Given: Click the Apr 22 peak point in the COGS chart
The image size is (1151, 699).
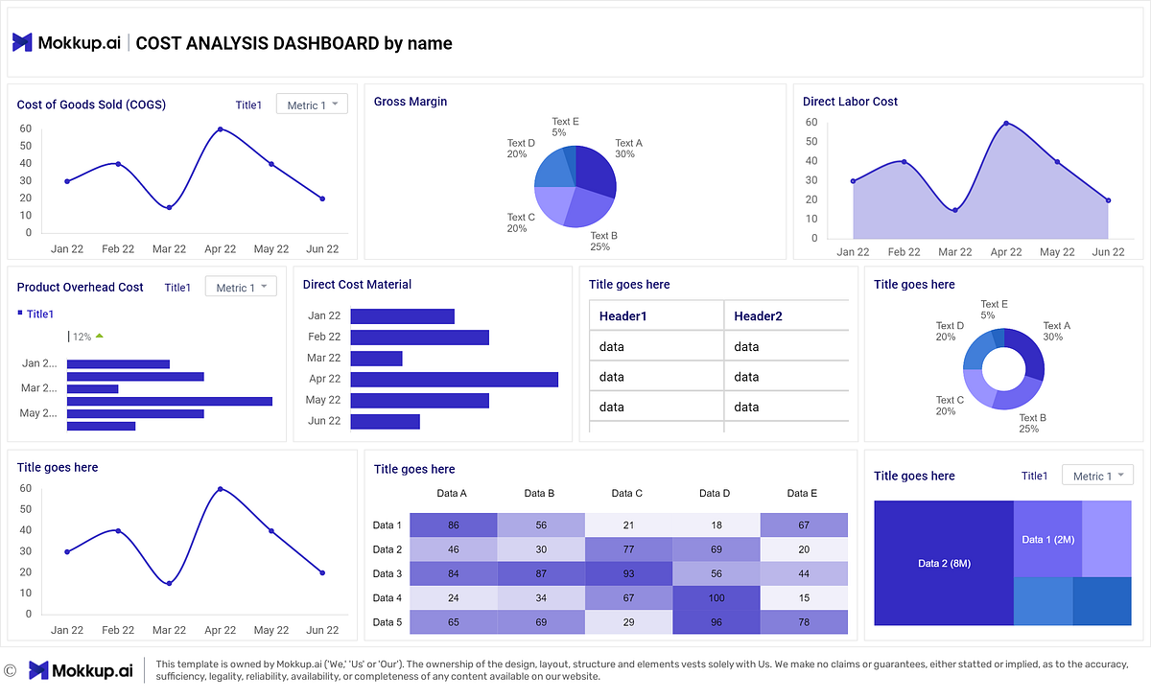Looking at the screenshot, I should pyautogui.click(x=220, y=129).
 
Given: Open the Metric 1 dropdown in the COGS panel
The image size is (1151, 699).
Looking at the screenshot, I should pyautogui.click(x=312, y=105).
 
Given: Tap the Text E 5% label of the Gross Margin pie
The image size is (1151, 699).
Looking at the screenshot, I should pyautogui.click(x=565, y=127).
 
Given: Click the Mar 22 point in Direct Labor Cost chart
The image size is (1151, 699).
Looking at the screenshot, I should pyautogui.click(x=954, y=210).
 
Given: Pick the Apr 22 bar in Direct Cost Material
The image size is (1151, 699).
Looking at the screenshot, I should pyautogui.click(x=454, y=379).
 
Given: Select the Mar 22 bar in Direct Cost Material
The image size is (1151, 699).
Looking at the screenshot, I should pyautogui.click(x=376, y=358).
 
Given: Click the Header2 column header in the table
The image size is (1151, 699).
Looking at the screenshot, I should pyautogui.click(x=758, y=316).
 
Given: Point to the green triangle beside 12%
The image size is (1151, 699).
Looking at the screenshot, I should pyautogui.click(x=99, y=336).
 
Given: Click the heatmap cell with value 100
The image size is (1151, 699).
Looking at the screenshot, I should pyautogui.click(x=715, y=598).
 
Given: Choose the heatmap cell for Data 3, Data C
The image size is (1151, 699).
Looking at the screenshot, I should pyautogui.click(x=627, y=573).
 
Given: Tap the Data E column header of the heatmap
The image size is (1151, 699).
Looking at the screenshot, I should pyautogui.click(x=802, y=494).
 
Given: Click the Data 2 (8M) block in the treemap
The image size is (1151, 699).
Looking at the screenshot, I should pyautogui.click(x=944, y=563).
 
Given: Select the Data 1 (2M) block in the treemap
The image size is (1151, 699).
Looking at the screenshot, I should pyautogui.click(x=1047, y=540).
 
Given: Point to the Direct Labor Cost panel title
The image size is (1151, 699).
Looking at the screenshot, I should pyautogui.click(x=850, y=102).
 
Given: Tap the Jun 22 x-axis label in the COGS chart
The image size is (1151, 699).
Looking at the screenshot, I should pyautogui.click(x=322, y=249).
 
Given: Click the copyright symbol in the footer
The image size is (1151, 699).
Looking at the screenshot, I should pyautogui.click(x=10, y=670).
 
